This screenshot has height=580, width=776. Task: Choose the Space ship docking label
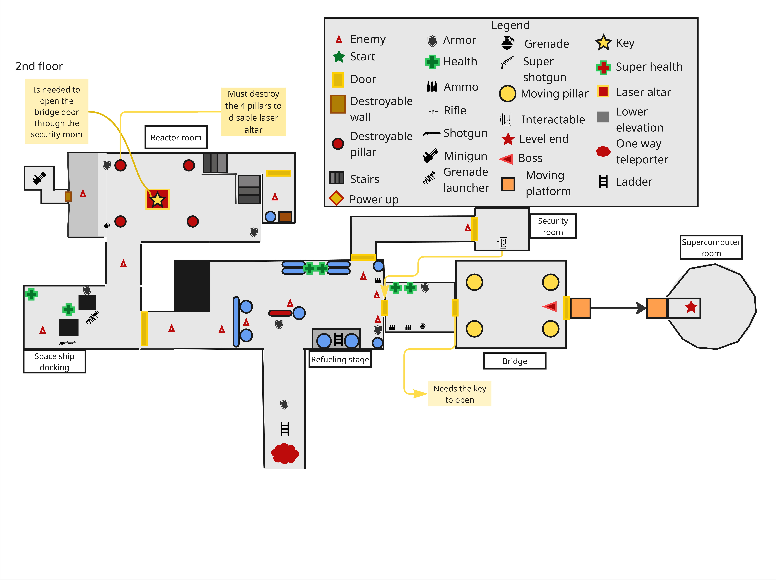(54, 361)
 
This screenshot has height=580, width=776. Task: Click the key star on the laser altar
(157, 199)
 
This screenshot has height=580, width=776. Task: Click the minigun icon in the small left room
(39, 178)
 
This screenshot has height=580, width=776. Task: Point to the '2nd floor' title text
(39, 66)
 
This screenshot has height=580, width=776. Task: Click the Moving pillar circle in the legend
(507, 94)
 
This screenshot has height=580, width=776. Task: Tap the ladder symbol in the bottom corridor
(285, 429)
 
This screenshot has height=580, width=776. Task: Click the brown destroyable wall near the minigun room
(68, 196)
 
